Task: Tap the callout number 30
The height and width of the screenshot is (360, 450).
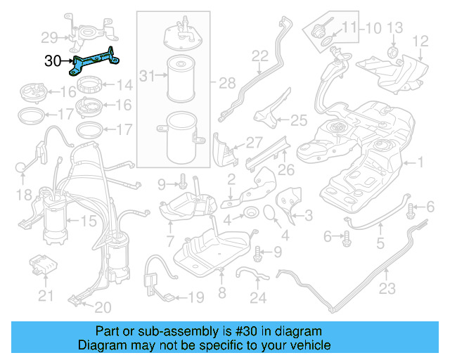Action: (53, 61)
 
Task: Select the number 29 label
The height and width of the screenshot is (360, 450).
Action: (49, 37)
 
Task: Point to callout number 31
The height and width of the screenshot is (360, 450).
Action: (146, 75)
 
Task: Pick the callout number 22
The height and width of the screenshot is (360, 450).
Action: (260, 56)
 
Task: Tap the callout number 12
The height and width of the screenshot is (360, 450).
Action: (420, 41)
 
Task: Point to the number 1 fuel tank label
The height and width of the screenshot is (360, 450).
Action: (421, 163)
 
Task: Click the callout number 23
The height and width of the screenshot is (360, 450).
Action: (387, 288)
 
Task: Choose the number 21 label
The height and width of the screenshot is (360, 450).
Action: (46, 296)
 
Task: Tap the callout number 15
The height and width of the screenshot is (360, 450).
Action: (88, 221)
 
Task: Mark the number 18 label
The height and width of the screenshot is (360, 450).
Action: (25, 193)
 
